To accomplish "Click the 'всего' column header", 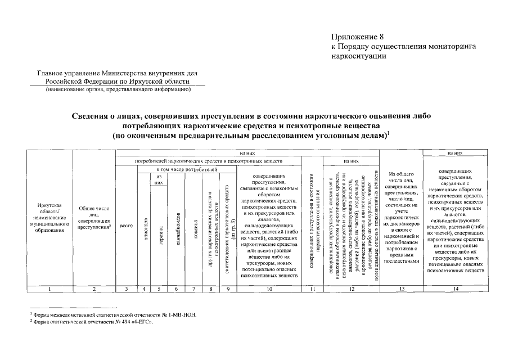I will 126,226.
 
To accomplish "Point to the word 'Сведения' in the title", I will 93,115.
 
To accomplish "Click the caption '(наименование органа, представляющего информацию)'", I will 119,89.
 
